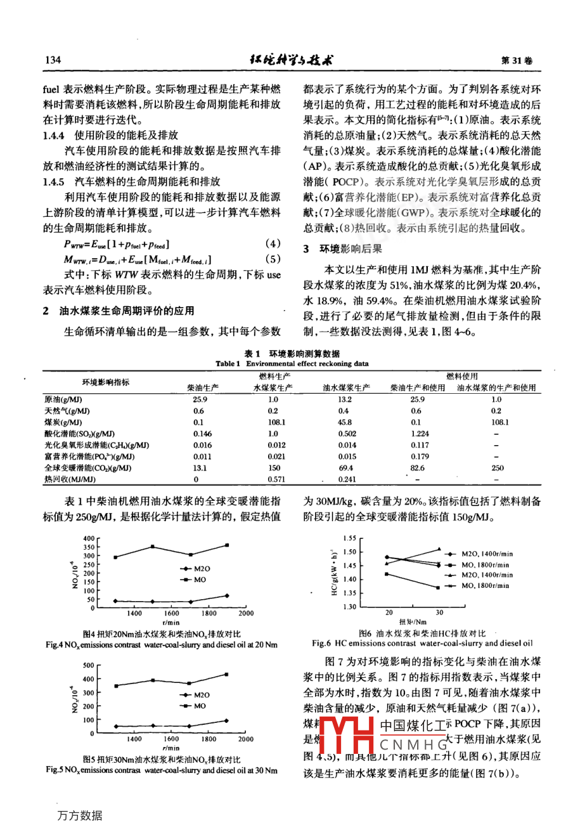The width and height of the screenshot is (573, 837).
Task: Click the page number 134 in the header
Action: click(53, 60)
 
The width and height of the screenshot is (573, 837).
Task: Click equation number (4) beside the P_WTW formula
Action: click(272, 243)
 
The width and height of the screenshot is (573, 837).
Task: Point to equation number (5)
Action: click(272, 259)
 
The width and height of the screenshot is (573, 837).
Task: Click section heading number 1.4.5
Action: click(54, 181)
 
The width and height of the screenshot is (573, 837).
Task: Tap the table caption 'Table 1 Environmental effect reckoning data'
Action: click(292, 364)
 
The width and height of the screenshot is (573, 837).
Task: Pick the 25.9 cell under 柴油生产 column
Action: click(200, 400)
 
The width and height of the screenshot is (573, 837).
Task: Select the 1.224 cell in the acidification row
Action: click(420, 434)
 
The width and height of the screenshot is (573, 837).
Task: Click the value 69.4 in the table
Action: click(345, 468)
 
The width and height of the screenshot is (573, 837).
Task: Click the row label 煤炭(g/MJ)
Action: click(63, 422)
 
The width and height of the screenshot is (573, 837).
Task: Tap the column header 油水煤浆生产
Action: click(346, 387)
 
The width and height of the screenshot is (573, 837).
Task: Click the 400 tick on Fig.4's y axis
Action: click(89, 538)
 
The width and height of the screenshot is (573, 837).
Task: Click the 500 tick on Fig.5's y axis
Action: click(89, 666)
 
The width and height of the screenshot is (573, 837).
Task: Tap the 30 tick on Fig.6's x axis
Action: click(439, 613)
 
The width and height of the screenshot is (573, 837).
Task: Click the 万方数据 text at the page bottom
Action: click(80, 815)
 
